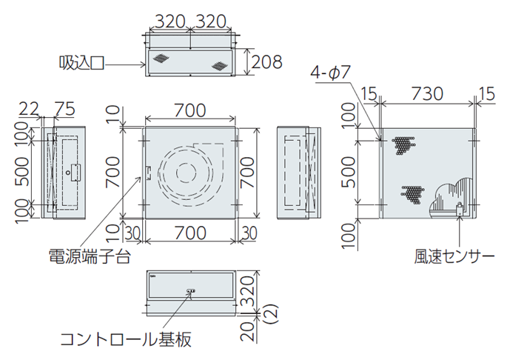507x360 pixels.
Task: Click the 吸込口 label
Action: click(x=81, y=63)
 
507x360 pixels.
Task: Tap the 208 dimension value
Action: click(x=266, y=61)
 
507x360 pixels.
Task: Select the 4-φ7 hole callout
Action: click(x=330, y=72)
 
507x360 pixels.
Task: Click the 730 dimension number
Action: click(x=427, y=94)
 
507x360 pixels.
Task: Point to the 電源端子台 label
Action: click(x=90, y=256)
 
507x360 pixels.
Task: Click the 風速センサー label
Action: click(x=454, y=257)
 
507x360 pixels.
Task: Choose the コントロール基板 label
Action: click(x=126, y=339)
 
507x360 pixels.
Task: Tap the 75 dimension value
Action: click(x=64, y=108)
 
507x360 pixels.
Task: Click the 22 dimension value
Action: click(x=29, y=109)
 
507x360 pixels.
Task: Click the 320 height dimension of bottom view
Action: click(x=248, y=290)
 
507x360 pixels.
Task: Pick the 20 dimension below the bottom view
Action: click(x=248, y=331)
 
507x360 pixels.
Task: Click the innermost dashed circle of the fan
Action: click(x=186, y=173)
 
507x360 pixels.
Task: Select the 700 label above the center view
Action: click(x=190, y=110)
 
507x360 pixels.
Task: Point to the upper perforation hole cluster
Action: click(x=403, y=144)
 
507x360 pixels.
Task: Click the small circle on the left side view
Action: click(x=68, y=173)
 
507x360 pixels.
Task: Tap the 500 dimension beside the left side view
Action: click(x=22, y=172)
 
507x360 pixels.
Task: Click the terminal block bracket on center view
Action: click(x=149, y=172)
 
